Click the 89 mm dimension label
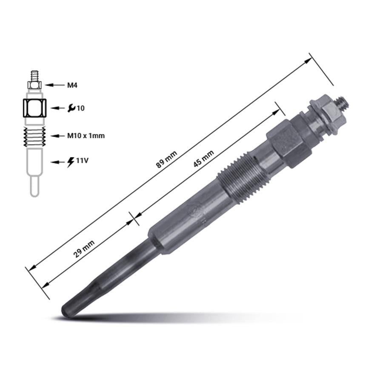click(x=166, y=160)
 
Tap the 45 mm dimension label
click(x=203, y=159)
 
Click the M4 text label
click(x=72, y=85)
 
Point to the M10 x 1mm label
click(x=86, y=136)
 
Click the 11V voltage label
click(x=82, y=161)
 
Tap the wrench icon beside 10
click(x=71, y=108)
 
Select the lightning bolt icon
click(x=71, y=162)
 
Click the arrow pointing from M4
click(x=54, y=85)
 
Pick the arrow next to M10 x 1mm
click(x=57, y=136)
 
